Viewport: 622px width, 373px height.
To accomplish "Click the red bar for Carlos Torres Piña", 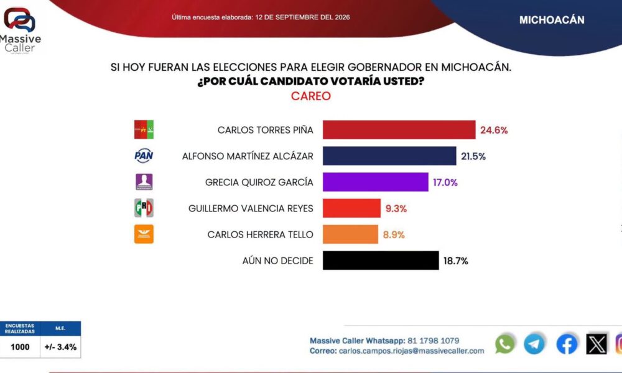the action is pyautogui.click(x=399, y=130).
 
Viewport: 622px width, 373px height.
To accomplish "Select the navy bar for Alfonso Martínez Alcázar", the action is pyautogui.click(x=389, y=156).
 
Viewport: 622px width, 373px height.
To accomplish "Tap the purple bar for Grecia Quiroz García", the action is pyautogui.click(x=375, y=182).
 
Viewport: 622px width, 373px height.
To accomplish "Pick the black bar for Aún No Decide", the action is pyautogui.click(x=381, y=260).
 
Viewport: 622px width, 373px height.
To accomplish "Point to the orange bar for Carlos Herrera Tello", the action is pyautogui.click(x=350, y=234).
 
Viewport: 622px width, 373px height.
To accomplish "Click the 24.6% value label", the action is pyautogui.click(x=494, y=130).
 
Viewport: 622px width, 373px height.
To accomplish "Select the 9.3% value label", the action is pyautogui.click(x=396, y=208).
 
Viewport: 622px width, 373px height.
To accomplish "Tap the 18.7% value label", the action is pyautogui.click(x=455, y=261).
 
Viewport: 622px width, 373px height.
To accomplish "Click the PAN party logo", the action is pyautogui.click(x=144, y=155).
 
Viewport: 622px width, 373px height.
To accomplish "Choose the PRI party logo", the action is pyautogui.click(x=144, y=208).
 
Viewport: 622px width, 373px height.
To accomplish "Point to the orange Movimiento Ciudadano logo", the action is pyautogui.click(x=144, y=234).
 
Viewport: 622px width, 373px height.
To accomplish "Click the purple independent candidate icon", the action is pyautogui.click(x=144, y=182).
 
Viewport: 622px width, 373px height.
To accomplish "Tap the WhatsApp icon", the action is pyautogui.click(x=504, y=344).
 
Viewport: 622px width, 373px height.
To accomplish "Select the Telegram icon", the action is pyautogui.click(x=534, y=344).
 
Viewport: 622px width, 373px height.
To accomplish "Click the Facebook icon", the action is pyautogui.click(x=567, y=344).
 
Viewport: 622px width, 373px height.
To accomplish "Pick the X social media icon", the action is pyautogui.click(x=596, y=344).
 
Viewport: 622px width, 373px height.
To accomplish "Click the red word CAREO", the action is pyautogui.click(x=310, y=96).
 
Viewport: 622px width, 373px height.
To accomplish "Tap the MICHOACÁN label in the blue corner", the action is pyautogui.click(x=552, y=20).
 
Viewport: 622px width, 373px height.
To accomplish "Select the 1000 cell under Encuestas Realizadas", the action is pyautogui.click(x=20, y=348).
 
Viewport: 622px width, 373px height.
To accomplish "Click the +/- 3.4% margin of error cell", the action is pyautogui.click(x=60, y=348).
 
